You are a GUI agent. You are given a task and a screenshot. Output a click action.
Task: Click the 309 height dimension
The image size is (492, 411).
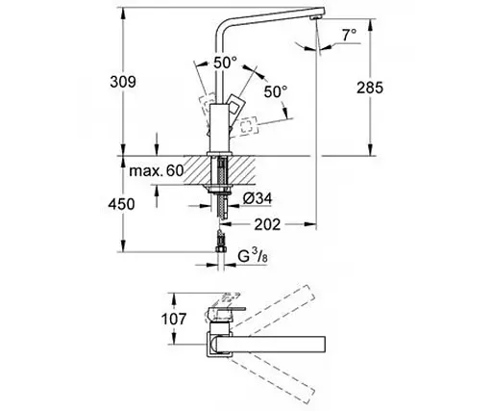click(x=123, y=82)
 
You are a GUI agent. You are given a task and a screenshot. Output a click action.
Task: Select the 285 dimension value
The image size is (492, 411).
click(x=370, y=88)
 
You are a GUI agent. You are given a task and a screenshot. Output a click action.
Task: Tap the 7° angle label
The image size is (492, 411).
click(x=350, y=35)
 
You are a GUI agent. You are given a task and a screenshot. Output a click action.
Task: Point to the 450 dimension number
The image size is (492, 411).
click(x=121, y=204)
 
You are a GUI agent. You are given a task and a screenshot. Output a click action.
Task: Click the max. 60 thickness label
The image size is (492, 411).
click(x=157, y=170)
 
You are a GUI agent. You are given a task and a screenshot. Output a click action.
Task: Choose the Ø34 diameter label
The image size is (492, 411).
click(x=258, y=198)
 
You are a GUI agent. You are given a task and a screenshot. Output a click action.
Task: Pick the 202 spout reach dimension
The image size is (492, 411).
click(x=267, y=224)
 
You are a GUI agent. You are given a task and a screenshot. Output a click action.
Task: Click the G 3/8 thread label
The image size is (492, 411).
click(x=253, y=256)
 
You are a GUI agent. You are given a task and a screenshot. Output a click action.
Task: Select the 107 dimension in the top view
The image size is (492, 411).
click(x=173, y=320)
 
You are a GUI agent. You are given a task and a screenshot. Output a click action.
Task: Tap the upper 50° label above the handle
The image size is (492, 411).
click(x=226, y=63)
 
